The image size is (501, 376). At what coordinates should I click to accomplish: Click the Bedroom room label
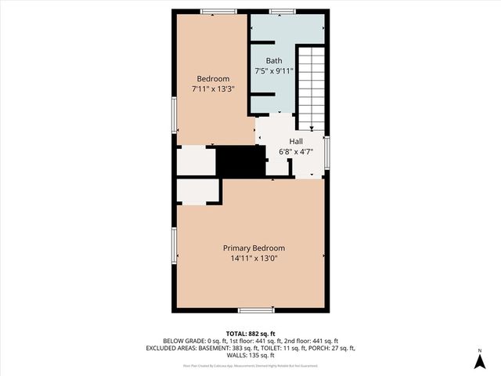pos(213,78)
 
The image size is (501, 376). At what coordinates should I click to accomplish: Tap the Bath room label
pos(273,60)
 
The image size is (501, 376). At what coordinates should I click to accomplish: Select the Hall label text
pos(296,141)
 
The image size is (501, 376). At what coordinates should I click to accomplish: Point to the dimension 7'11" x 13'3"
pos(213,89)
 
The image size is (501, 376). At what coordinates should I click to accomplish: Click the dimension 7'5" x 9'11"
pos(274,71)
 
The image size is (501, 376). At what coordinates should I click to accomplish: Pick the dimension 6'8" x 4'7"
pos(296,152)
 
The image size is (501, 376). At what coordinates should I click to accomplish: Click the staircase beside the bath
pos(311,86)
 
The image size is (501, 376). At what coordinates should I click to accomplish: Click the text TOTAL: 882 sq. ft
pos(250,333)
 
